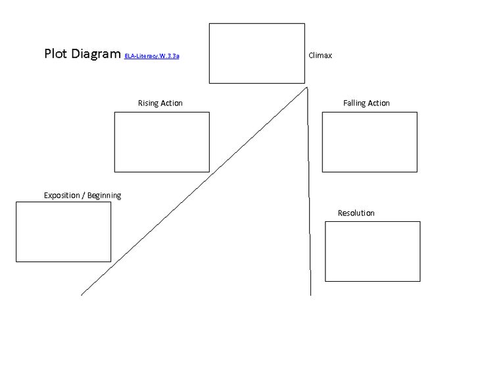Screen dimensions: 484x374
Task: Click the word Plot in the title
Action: point(55,53)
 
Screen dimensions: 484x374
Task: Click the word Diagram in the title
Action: point(96,54)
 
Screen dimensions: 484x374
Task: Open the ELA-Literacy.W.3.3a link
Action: point(151,56)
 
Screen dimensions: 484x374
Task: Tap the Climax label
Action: point(320,55)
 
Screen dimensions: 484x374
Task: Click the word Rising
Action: point(147,103)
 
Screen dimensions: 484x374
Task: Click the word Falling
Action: point(354,103)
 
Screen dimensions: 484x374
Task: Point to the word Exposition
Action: point(62,196)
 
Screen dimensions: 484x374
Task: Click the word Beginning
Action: point(105,196)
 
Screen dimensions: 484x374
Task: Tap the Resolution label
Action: point(356,213)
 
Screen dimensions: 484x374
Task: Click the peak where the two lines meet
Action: point(306,88)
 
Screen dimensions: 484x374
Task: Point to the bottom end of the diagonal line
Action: point(82,295)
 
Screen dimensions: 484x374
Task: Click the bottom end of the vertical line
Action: point(310,296)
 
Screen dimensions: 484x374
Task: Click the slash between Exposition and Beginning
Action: point(84,196)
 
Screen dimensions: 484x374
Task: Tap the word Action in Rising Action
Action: point(172,103)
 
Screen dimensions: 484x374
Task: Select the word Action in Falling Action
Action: point(379,103)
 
